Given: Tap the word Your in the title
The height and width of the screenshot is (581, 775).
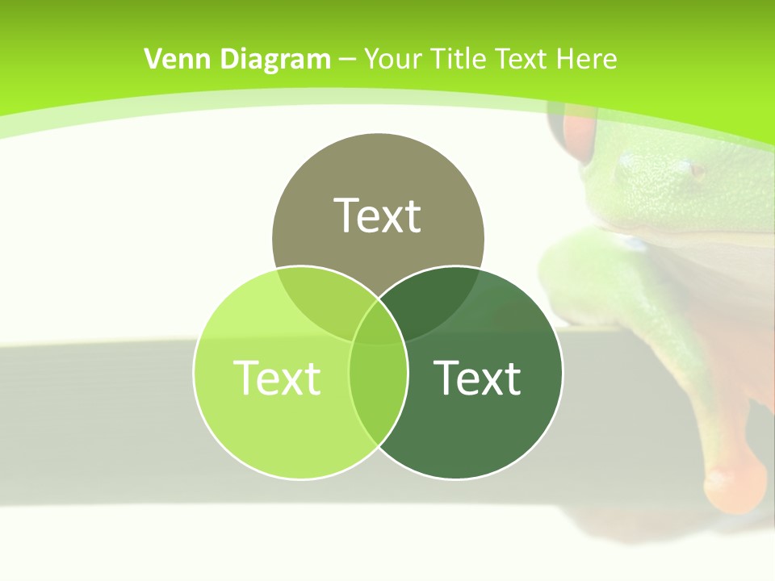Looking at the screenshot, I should pyautogui.click(x=394, y=59).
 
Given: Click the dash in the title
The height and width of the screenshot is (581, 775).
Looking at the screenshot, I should pyautogui.click(x=347, y=60).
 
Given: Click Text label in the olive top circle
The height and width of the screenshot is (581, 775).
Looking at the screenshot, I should pyautogui.click(x=378, y=215).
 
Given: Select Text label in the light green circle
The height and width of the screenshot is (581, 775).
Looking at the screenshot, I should pyautogui.click(x=277, y=377).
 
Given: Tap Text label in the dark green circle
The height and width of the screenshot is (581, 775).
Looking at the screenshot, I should pyautogui.click(x=477, y=377).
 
